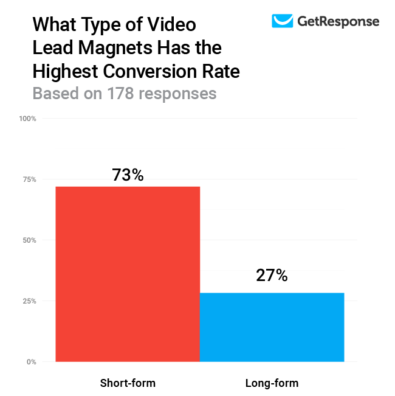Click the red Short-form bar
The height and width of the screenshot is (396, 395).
128,274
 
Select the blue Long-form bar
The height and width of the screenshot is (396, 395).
272,327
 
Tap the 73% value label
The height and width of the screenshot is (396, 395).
128,175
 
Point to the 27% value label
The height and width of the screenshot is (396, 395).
272,276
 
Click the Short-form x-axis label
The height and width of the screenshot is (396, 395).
128,383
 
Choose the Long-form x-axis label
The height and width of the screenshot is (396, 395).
272,383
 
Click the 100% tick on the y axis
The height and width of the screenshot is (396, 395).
28,119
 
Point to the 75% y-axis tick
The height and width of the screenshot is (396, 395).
29,179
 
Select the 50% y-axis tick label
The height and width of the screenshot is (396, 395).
29,240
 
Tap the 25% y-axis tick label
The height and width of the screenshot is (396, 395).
29,301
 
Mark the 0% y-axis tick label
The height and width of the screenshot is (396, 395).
31,362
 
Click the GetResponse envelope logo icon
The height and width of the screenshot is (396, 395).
282,21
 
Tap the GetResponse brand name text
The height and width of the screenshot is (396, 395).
338,22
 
